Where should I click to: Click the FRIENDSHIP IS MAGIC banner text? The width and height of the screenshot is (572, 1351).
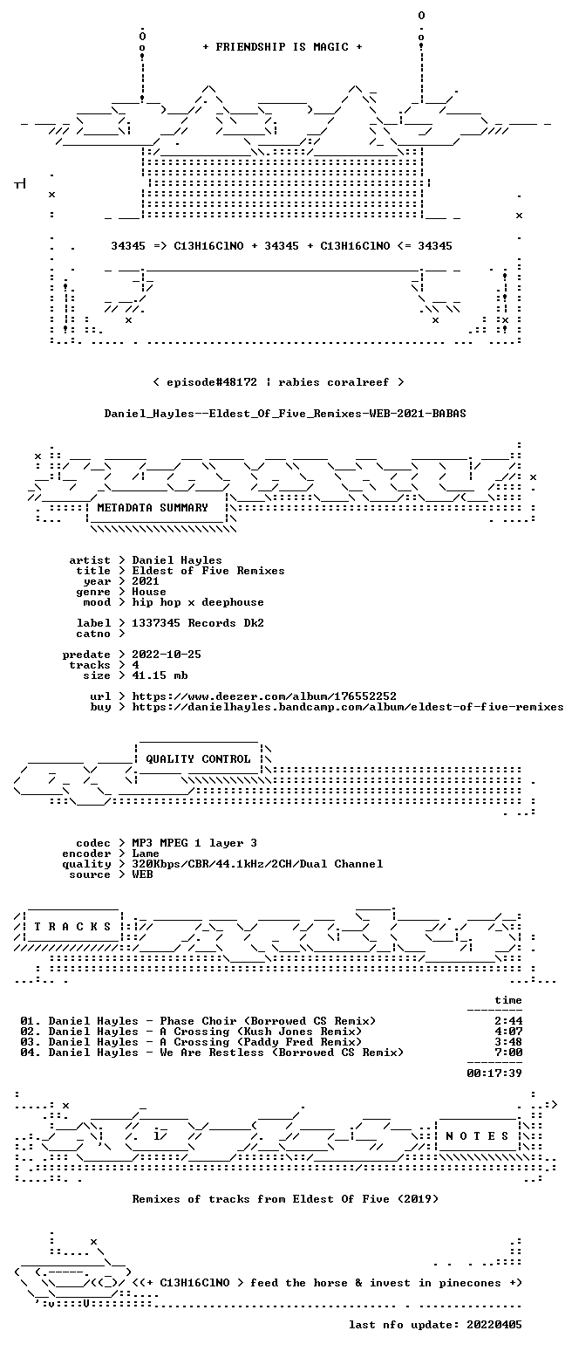[283, 47]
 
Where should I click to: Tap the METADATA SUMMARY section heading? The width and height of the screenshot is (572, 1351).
[152, 508]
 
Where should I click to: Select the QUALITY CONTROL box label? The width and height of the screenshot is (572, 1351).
[198, 759]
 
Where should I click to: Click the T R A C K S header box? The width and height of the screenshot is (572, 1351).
[73, 927]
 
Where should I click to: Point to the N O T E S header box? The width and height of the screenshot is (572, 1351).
[477, 1136]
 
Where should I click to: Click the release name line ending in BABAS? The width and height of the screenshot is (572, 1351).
[284, 414]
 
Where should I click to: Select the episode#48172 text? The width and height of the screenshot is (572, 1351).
[212, 382]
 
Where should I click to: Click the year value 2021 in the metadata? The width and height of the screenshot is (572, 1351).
[146, 581]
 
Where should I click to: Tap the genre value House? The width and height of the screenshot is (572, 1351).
[149, 592]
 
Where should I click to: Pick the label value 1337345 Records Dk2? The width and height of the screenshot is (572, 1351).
[198, 623]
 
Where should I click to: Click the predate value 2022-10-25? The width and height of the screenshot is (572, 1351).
[167, 655]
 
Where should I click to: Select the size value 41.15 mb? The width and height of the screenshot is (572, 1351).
[160, 675]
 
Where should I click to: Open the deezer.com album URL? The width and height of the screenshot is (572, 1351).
[264, 696]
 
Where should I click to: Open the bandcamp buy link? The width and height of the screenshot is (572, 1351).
[348, 707]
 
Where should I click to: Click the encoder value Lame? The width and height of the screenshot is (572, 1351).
[146, 854]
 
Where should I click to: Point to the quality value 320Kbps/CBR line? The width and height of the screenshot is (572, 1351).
[257, 864]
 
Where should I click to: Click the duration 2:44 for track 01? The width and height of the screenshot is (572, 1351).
[508, 1021]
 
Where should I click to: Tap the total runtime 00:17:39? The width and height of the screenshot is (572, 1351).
[494, 1073]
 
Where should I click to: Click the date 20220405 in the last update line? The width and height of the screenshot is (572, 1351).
[494, 1325]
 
